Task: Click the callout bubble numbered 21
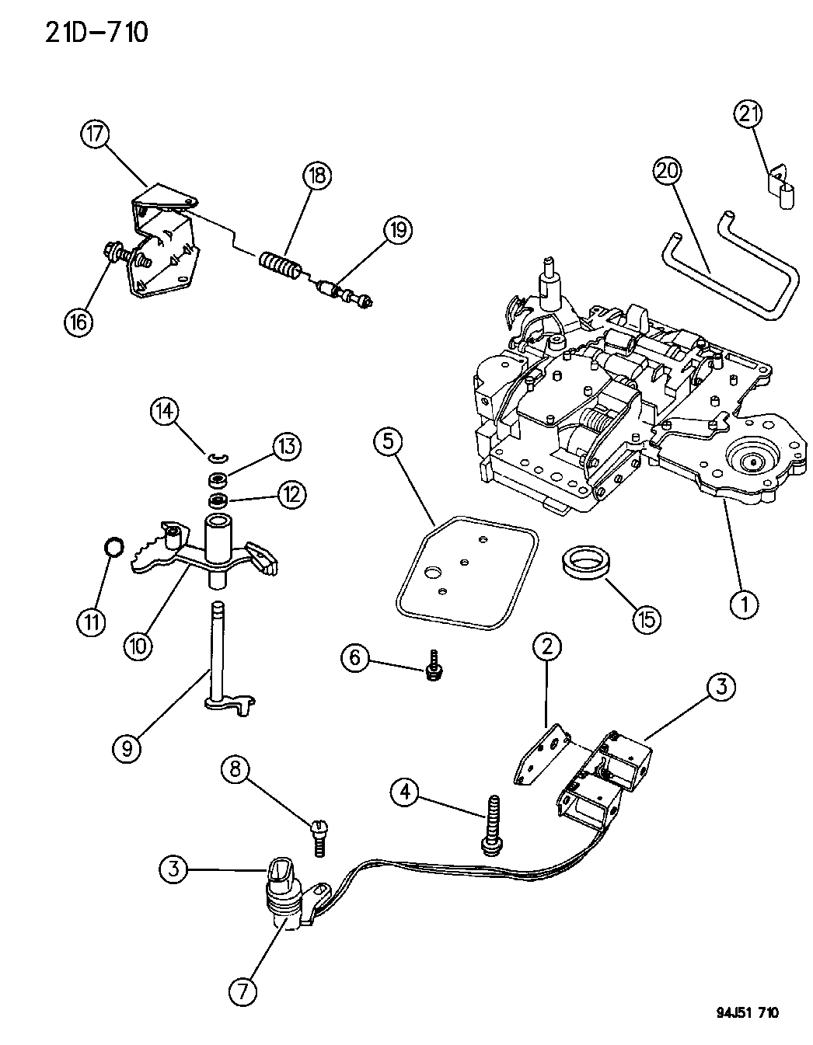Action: tap(748, 114)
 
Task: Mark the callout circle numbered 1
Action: tap(745, 602)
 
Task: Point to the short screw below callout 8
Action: tap(319, 838)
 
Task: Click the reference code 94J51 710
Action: tap(747, 1012)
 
